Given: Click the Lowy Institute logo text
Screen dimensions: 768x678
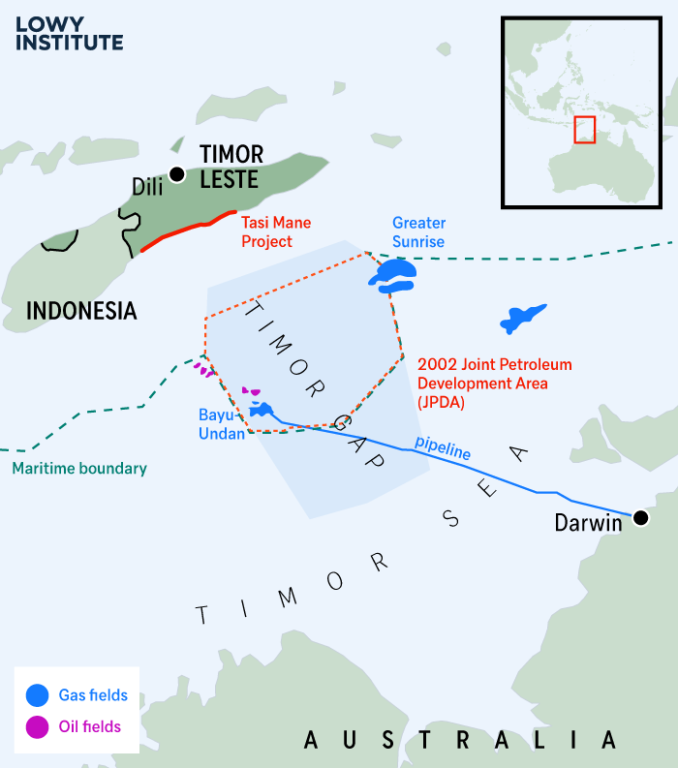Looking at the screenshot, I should point(69,32).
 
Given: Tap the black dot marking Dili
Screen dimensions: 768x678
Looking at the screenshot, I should point(176,174).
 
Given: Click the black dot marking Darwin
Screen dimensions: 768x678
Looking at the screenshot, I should point(640,518).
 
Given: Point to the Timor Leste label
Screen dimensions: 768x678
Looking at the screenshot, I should point(230,167).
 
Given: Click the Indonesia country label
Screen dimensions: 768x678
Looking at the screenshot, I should point(81,311).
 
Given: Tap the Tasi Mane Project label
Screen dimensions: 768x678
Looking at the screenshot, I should point(276,231).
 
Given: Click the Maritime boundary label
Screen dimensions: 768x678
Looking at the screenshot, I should point(79,469).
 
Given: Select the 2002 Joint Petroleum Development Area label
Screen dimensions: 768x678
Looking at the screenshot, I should point(494,383).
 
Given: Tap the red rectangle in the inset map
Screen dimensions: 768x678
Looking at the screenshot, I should point(584,130).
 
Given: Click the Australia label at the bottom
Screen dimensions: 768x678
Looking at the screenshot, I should point(460,741).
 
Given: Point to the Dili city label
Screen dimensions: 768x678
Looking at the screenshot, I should point(147,187).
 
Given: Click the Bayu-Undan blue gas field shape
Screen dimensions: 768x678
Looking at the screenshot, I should point(262,410).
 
